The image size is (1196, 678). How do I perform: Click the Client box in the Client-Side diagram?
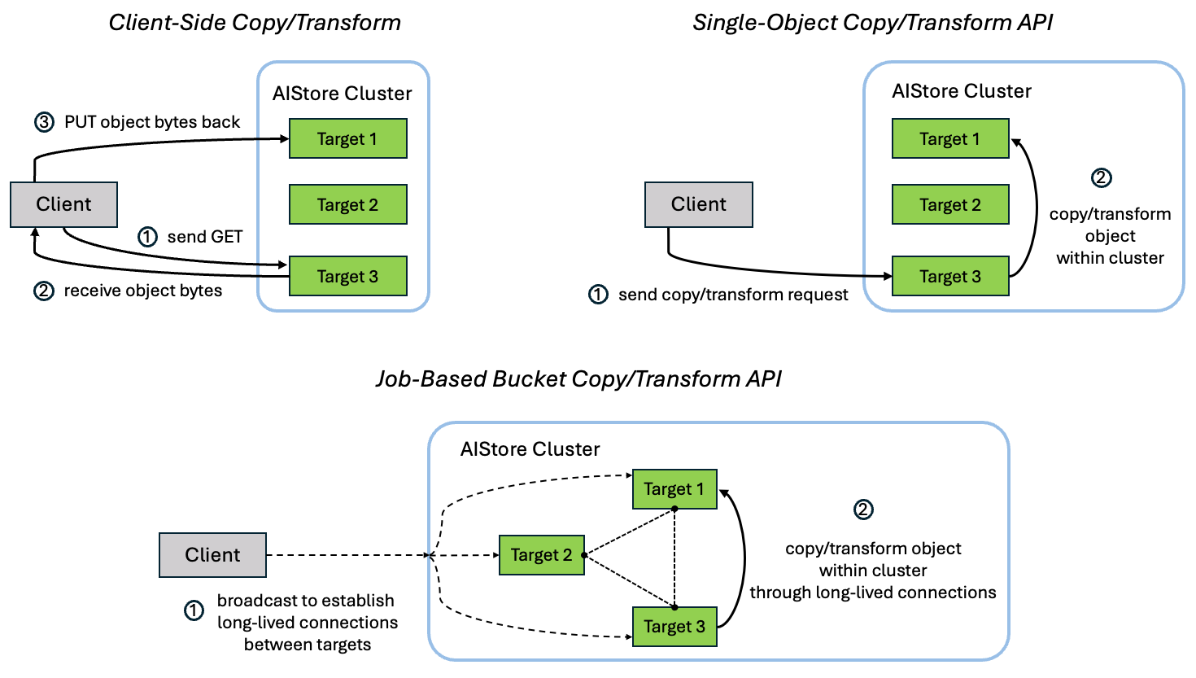(63, 204)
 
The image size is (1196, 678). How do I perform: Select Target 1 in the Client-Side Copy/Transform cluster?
(347, 138)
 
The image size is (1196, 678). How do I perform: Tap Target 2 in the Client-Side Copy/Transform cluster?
(347, 204)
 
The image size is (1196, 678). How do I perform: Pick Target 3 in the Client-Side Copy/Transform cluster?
(347, 276)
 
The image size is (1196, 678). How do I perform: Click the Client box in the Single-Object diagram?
(698, 204)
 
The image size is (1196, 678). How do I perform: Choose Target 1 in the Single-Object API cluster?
(949, 138)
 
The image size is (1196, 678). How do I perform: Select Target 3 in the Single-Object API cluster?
(949, 276)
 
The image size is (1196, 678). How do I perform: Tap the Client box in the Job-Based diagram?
(212, 555)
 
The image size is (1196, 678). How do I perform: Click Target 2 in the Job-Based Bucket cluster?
(541, 555)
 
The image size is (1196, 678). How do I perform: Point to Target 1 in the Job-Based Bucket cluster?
(674, 489)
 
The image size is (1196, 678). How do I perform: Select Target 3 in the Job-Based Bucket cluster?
(674, 627)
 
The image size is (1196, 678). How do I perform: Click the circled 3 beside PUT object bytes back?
(44, 122)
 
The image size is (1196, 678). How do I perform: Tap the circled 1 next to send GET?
(147, 237)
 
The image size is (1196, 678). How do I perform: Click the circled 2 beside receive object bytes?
(44, 291)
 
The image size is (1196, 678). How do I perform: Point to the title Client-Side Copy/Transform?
(255, 22)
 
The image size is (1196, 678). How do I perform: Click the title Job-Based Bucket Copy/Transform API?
(578, 379)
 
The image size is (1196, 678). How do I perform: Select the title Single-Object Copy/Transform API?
(872, 22)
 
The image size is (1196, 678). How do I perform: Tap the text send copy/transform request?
(733, 295)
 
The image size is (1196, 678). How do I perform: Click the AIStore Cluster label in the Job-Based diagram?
(530, 449)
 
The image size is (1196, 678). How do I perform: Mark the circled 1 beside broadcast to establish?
(194, 610)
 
